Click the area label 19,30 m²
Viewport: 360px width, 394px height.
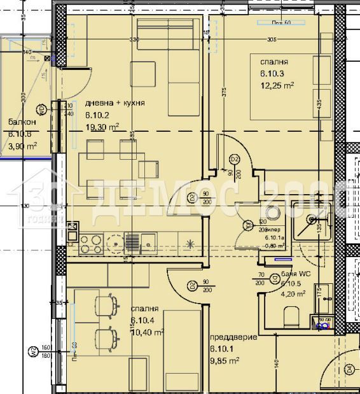pos(102,127)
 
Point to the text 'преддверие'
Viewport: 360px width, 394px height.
pos(233,337)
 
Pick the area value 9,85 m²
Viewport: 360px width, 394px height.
pos(224,360)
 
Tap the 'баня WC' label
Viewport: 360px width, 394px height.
pos(295,274)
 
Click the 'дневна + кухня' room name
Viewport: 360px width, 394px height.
pos(114,103)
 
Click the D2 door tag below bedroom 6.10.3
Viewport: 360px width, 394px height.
pos(234,158)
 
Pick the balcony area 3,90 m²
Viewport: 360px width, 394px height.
pos(23,146)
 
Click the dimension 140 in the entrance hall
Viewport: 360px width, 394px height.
pos(277,364)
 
